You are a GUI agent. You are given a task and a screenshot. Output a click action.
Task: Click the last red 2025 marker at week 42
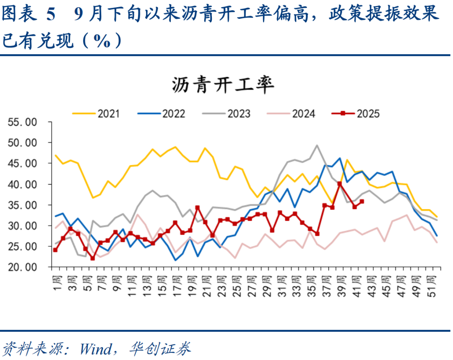[x=362, y=201]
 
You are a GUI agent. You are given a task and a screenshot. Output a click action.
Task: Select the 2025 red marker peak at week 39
[x=339, y=184]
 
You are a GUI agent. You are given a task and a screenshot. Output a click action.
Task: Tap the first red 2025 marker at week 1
[x=55, y=250]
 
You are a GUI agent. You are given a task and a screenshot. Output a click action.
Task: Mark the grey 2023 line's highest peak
[x=317, y=146]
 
